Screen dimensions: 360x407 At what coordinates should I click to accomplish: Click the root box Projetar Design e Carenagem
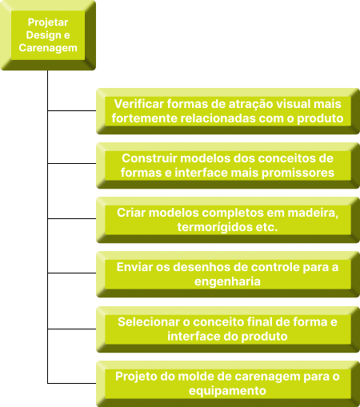pos(48,35)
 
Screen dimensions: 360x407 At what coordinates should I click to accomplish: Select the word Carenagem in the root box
pos(48,48)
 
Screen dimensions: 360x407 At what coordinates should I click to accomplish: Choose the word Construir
pos(150,158)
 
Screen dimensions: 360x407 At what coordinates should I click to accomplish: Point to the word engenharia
pos(227,282)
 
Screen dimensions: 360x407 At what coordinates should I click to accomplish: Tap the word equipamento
pos(227,391)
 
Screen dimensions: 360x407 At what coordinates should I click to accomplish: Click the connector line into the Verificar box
pos(72,110)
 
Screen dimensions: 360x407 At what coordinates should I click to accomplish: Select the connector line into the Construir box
pos(72,163)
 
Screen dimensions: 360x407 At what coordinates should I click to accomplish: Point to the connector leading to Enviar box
pos(72,273)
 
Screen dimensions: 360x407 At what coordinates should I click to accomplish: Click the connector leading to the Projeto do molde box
pos(72,383)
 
